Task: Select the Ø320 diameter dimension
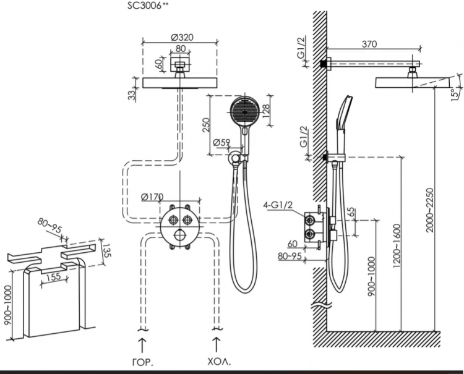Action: [x=180, y=36]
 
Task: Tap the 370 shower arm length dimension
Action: [x=369, y=44]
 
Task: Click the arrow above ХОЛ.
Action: [x=216, y=341]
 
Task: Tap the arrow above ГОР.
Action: [x=142, y=341]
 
